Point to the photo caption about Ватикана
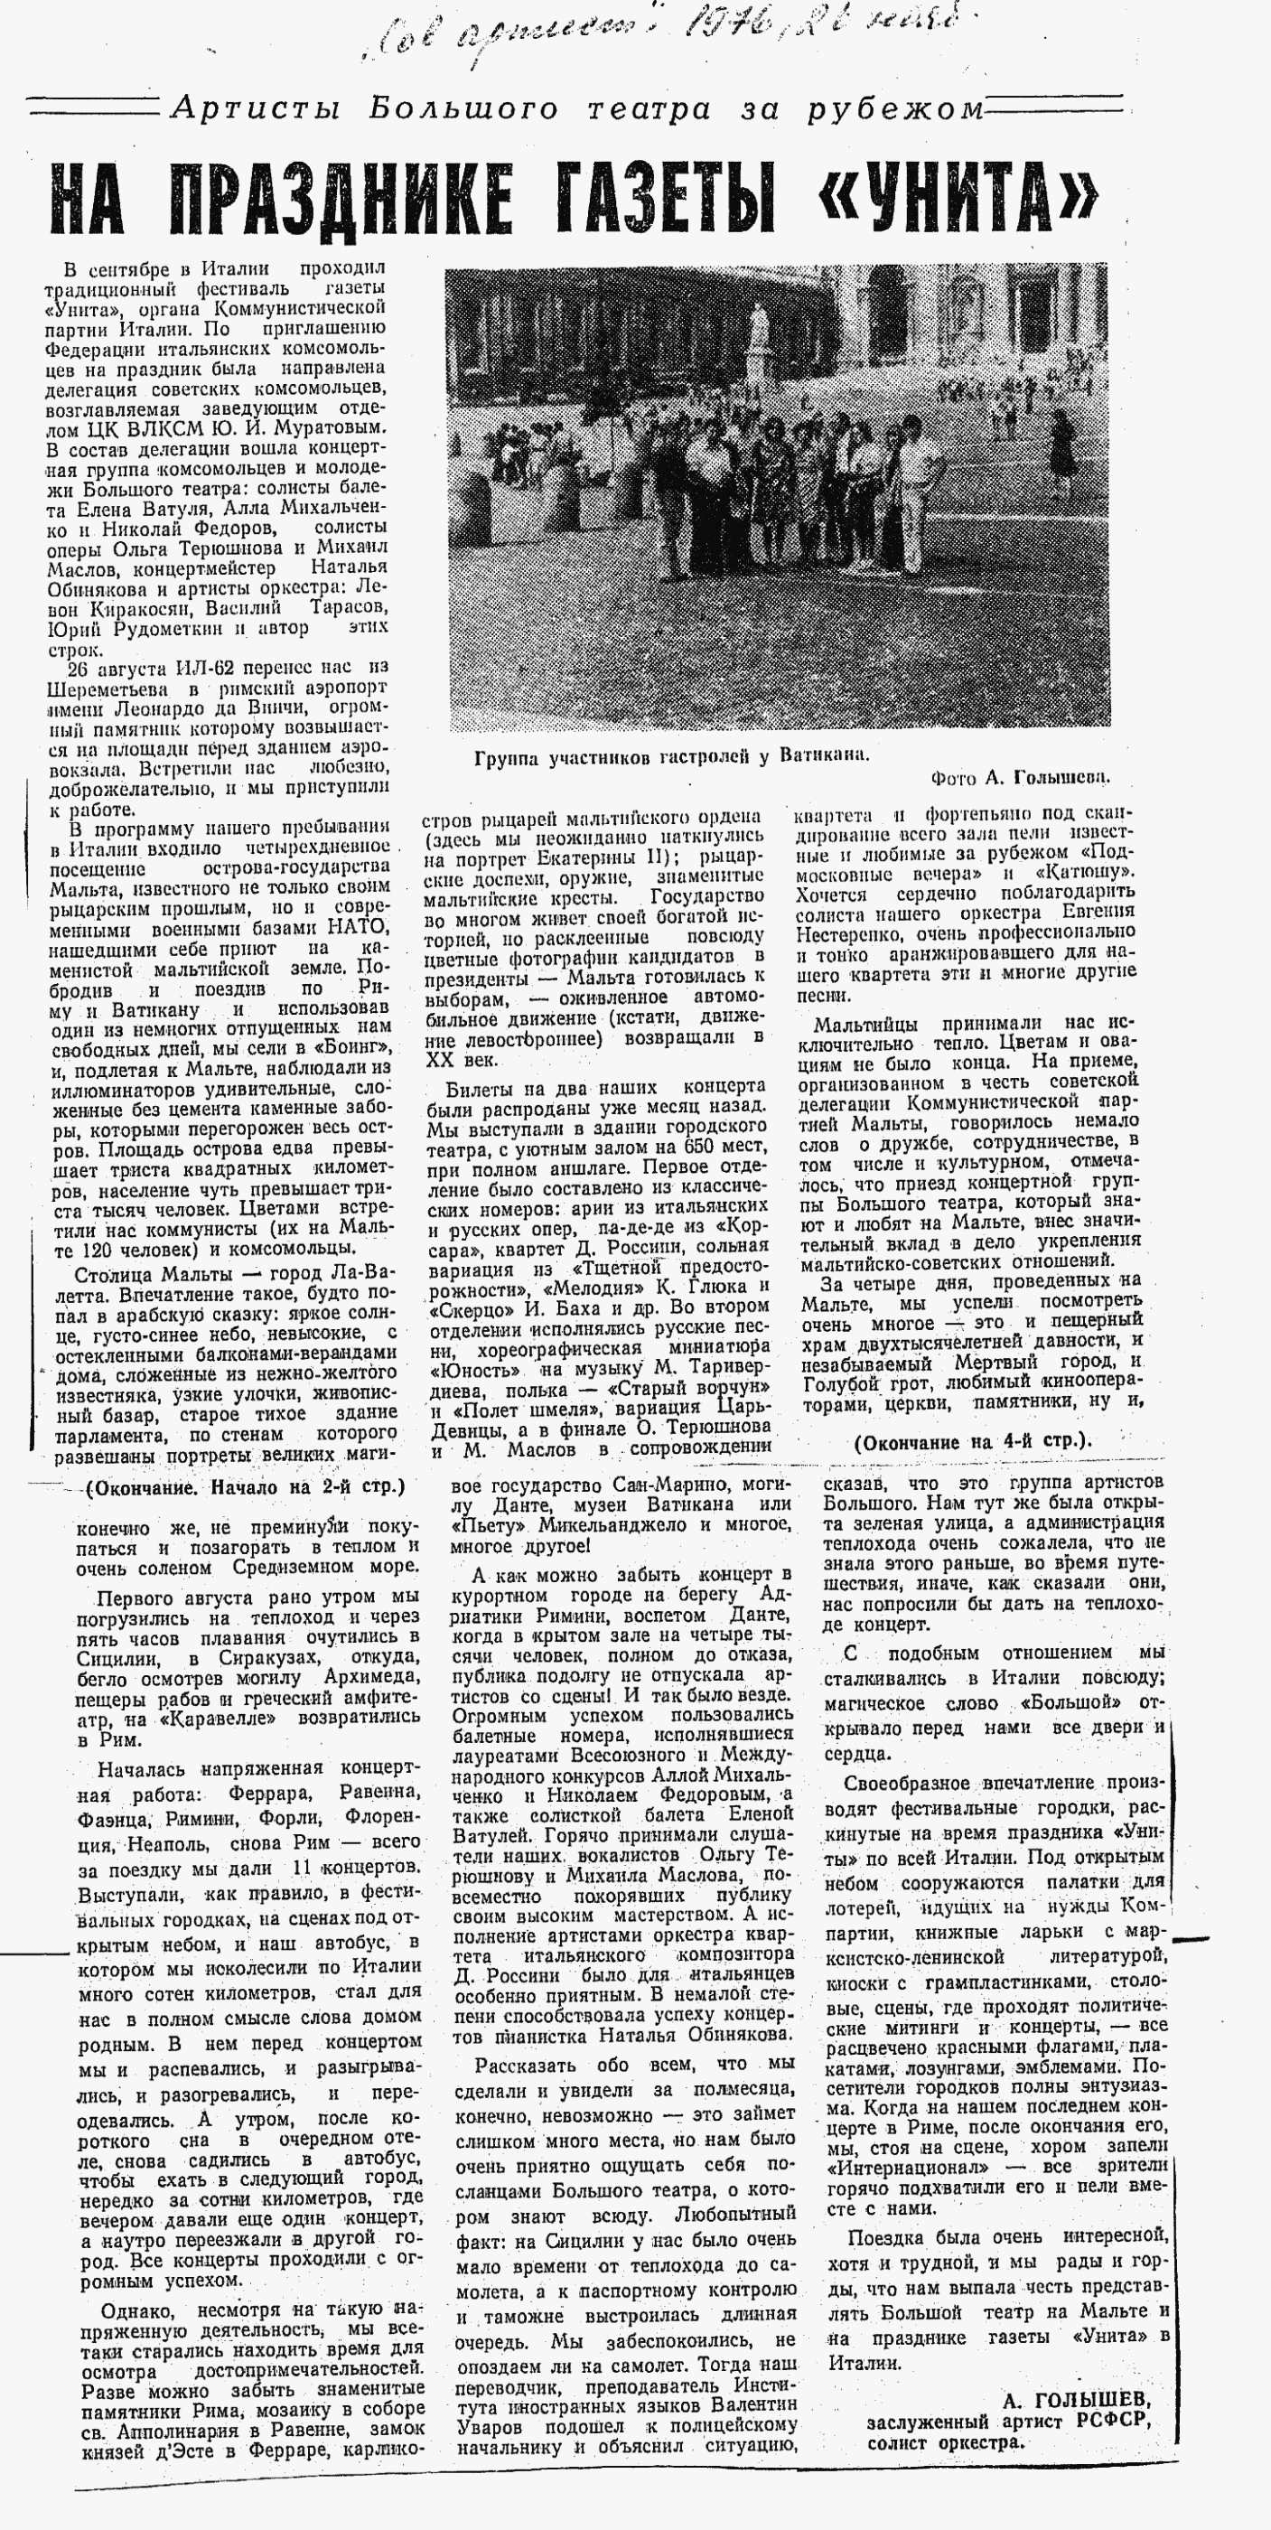[671, 756]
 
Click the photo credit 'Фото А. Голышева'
[1019, 778]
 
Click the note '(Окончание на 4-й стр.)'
[972, 1442]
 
